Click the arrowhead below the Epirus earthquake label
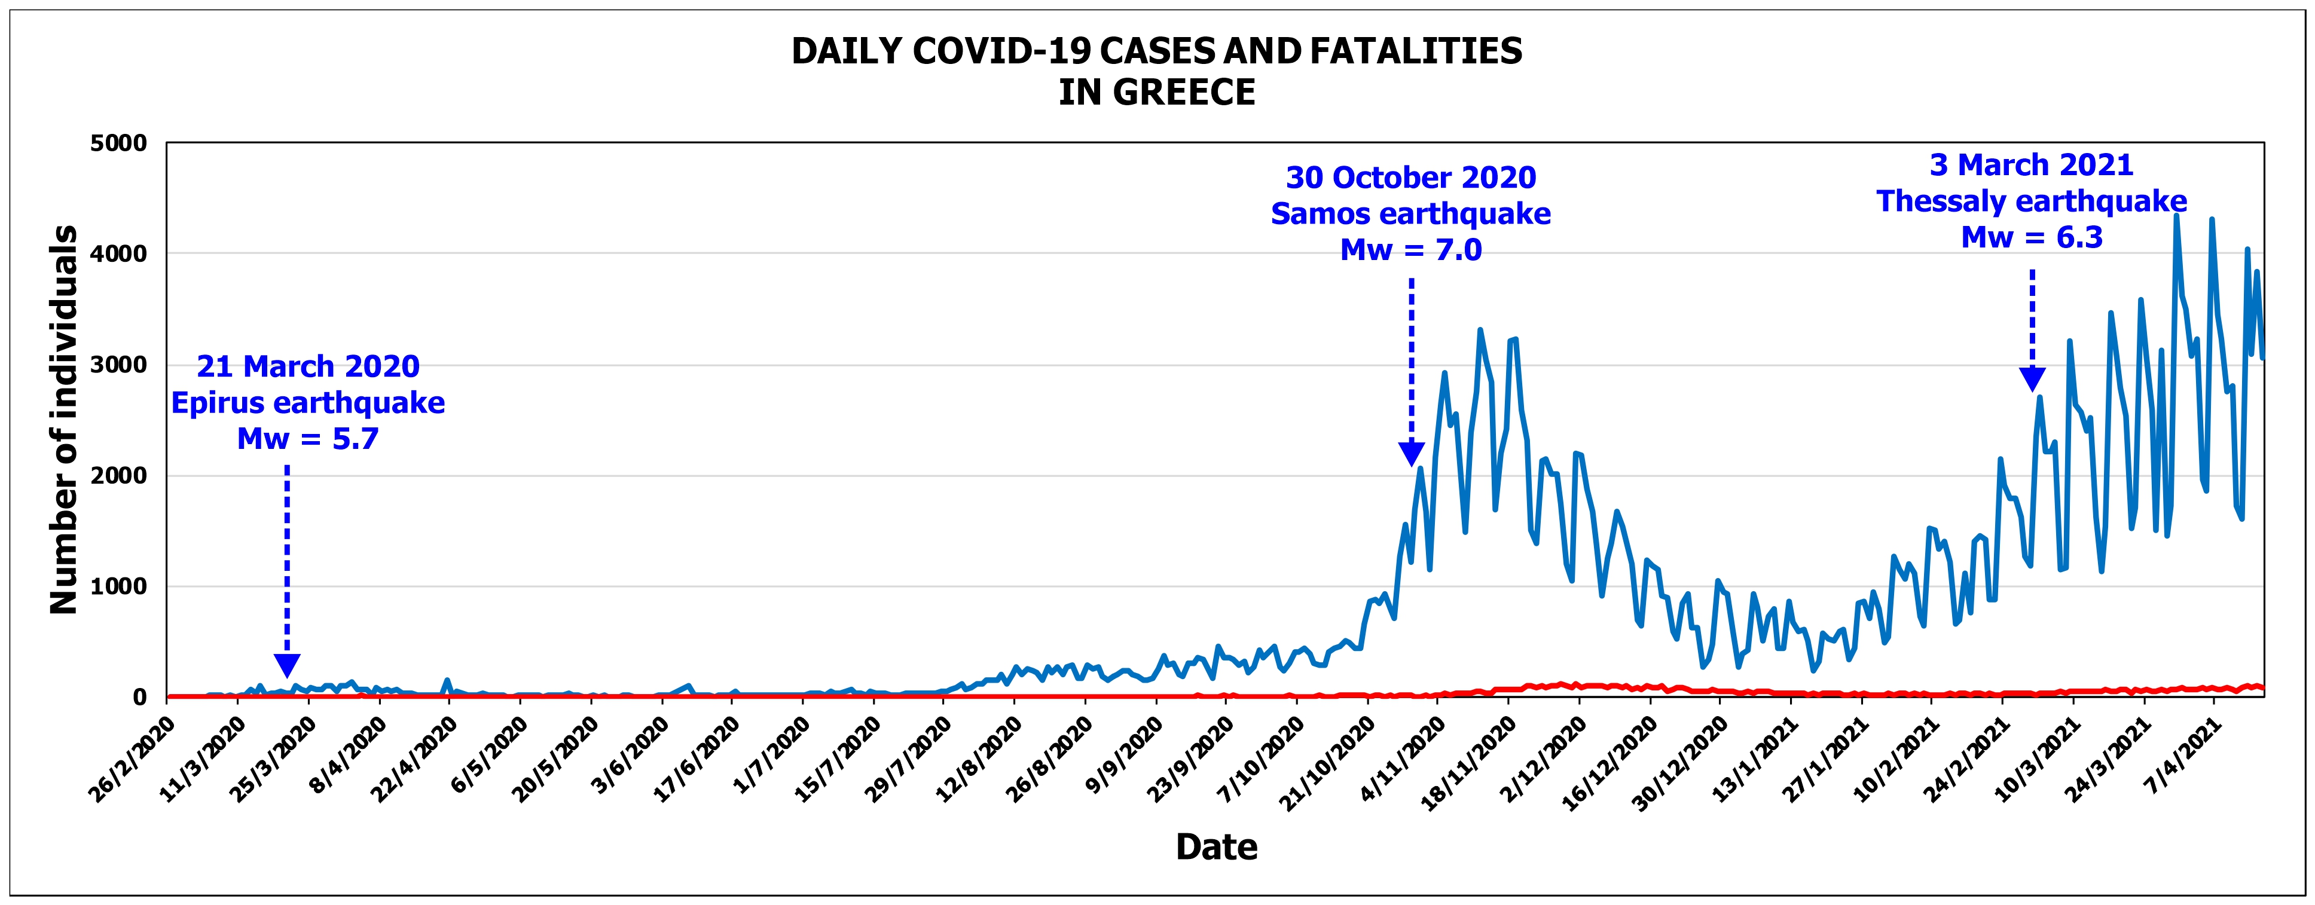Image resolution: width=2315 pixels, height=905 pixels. coord(286,666)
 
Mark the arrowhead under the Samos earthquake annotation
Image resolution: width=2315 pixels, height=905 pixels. coord(1411,454)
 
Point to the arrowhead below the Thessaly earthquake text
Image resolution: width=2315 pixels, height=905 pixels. coord(2032,379)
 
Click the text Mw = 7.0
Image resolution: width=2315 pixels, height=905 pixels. coord(1411,250)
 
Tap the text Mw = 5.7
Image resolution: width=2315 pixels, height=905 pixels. coord(307,439)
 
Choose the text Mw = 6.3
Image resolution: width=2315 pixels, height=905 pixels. coord(2032,237)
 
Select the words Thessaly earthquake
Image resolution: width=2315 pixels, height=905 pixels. coord(2032,201)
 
